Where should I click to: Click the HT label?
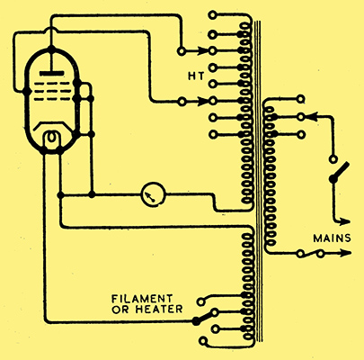tap(196, 76)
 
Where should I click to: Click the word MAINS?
tap(332, 238)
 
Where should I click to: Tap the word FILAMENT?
tap(142, 299)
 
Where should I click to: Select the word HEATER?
tap(159, 310)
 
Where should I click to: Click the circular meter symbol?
tap(153, 194)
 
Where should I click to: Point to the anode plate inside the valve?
tap(52, 74)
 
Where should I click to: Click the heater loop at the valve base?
tap(52, 139)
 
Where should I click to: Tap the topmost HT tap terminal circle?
tap(212, 15)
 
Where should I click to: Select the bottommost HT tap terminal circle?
tap(212, 135)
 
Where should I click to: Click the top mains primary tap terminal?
tap(301, 99)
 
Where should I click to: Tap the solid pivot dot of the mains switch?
tap(333, 179)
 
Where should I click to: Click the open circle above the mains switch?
tap(333, 159)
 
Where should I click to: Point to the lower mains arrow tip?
tap(351, 253)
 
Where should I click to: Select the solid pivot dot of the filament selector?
tap(196, 321)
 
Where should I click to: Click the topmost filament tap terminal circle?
tap(201, 301)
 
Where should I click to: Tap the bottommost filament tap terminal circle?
tap(203, 341)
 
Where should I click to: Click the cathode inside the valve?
tap(52, 125)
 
